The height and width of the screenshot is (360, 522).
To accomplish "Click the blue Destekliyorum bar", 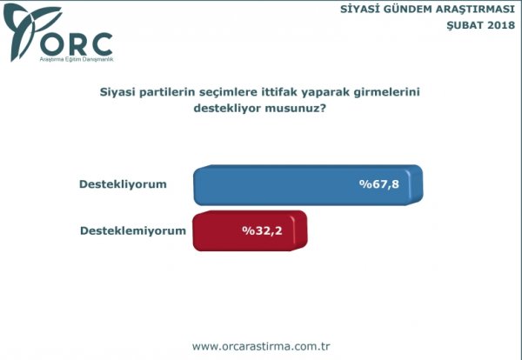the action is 308,184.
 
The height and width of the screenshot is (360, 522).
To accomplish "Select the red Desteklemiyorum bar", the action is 250,230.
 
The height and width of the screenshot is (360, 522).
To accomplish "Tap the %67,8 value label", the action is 378,184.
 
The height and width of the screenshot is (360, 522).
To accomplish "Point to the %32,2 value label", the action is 262,230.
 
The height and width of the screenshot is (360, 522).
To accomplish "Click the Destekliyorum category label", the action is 123,184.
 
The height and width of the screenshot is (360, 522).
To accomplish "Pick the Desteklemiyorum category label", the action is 133,230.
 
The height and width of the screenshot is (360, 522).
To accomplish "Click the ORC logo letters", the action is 77,44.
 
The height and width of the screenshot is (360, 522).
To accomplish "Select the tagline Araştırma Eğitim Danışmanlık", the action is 77,59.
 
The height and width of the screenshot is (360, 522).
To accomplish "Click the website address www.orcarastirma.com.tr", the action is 261,346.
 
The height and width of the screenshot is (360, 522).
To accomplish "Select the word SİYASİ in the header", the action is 360,10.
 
